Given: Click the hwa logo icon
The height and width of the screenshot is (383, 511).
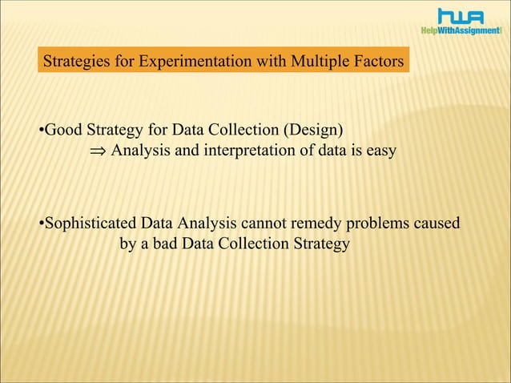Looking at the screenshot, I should click(461, 15).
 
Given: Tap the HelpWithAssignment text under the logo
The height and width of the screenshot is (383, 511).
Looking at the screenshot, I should click(461, 30).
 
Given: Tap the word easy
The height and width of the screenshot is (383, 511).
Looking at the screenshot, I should click(380, 150).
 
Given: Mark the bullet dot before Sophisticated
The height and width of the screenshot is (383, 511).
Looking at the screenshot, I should click(41, 224).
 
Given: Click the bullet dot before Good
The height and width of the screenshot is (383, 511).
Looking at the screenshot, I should click(41, 130).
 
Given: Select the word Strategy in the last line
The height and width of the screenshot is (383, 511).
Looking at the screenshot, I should click(322, 244).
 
